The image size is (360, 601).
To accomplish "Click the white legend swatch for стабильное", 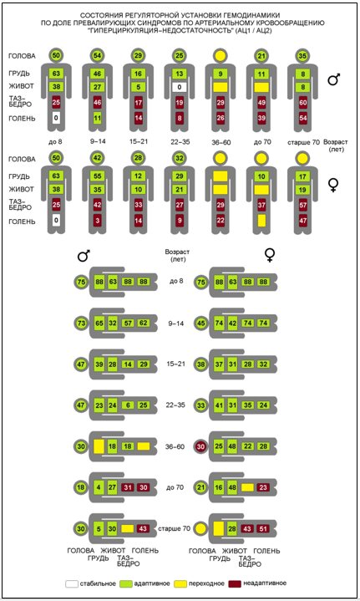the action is [71, 584].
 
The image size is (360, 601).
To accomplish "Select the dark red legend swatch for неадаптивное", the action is [235, 583].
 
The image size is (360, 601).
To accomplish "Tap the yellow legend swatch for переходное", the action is [180, 583].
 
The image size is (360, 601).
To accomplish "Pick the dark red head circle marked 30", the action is [201, 446].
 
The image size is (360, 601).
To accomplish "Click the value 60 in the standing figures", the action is [303, 103].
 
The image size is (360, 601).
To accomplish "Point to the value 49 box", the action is [261, 103].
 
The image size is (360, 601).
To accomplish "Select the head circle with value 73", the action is [81, 323].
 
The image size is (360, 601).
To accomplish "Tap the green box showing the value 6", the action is [128, 405].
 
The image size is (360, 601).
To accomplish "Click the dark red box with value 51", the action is [263, 529].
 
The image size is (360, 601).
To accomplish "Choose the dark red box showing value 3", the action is [97, 221].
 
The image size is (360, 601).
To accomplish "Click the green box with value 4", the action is [99, 487].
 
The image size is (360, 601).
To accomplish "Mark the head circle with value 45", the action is [201, 323].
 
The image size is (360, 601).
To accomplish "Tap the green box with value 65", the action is [99, 323].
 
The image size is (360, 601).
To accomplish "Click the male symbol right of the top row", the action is [334, 79].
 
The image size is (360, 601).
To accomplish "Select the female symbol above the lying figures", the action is [271, 255].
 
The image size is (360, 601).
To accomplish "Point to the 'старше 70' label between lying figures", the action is [175, 528].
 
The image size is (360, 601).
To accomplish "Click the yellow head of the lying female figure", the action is [201, 529].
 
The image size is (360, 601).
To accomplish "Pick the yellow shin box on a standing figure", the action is [261, 221].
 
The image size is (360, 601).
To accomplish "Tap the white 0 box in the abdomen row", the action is [180, 88].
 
